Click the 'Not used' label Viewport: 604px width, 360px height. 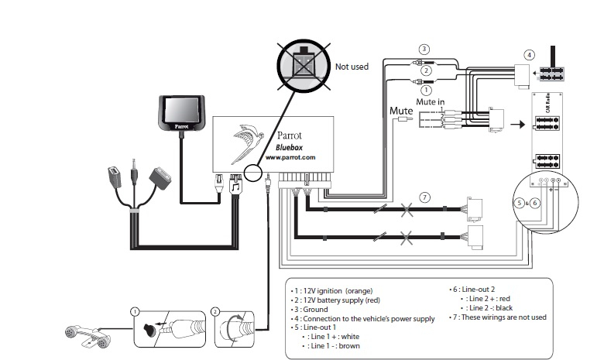[352, 67]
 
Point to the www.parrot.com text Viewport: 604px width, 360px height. [290, 156]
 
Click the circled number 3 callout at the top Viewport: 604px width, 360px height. [424, 49]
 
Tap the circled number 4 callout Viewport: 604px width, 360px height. [529, 55]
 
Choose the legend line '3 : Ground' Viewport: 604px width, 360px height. [317, 309]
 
